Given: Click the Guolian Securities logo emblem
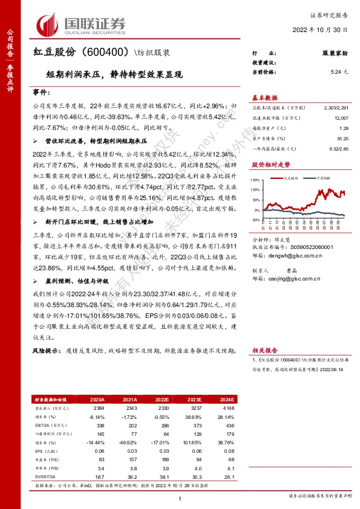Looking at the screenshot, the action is (x=50, y=24).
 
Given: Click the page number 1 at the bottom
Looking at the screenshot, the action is (x=180, y=497).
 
